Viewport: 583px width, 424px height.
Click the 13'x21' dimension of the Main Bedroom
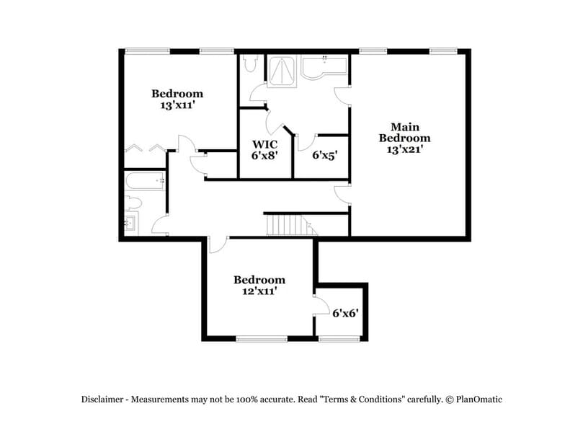point(405,150)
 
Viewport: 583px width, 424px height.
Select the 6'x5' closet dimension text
point(325,154)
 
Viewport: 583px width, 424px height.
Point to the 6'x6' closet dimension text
point(345,313)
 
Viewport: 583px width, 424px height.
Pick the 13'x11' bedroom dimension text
point(177,105)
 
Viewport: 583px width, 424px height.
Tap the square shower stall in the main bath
point(283,70)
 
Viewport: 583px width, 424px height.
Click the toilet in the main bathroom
point(249,65)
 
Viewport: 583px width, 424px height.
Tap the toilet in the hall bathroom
point(133,203)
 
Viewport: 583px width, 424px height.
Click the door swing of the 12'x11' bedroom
point(217,245)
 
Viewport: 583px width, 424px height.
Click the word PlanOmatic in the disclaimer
point(479,399)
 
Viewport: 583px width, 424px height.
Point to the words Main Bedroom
point(405,131)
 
